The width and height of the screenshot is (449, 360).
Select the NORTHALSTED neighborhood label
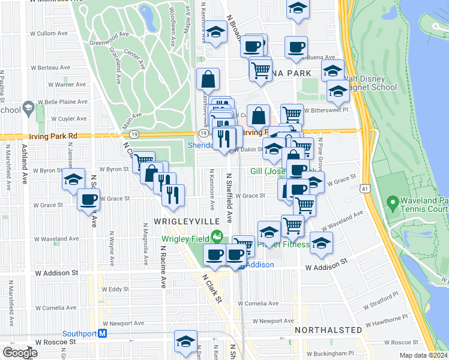click(328, 330)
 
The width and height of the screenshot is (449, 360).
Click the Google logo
click(20, 353)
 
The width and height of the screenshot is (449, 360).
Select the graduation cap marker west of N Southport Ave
click(73, 179)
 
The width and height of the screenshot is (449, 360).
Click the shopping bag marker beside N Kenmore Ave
click(208, 79)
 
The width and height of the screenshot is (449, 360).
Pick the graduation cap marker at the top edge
click(297, 8)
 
